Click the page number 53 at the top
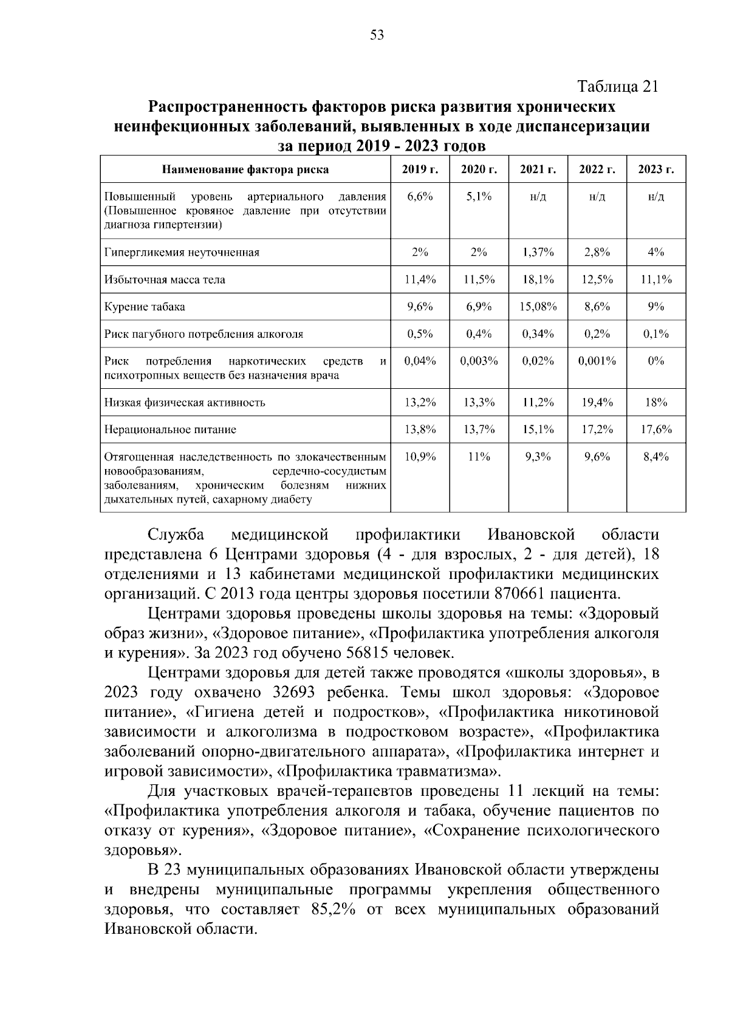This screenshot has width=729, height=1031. tap(377, 35)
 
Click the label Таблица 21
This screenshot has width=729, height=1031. tap(617, 87)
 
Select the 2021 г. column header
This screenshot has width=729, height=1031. tap(538, 170)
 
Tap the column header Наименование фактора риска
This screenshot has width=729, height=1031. tap(245, 170)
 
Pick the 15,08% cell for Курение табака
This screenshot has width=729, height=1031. tap(538, 307)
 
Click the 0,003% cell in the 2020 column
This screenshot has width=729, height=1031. tap(479, 361)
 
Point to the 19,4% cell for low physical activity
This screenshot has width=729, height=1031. tap(597, 402)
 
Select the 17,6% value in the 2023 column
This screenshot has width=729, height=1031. tap(656, 430)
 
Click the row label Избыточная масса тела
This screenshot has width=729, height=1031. tap(165, 279)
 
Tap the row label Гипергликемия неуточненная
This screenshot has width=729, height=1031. tap(182, 253)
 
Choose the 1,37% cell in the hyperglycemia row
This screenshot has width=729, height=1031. tap(538, 253)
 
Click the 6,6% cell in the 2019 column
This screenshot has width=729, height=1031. tap(420, 197)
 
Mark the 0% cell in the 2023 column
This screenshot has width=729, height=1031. tap(656, 361)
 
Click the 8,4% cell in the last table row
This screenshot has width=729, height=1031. tap(656, 456)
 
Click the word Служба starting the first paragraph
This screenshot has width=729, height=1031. tap(176, 535)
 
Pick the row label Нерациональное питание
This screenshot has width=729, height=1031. tap(170, 430)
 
